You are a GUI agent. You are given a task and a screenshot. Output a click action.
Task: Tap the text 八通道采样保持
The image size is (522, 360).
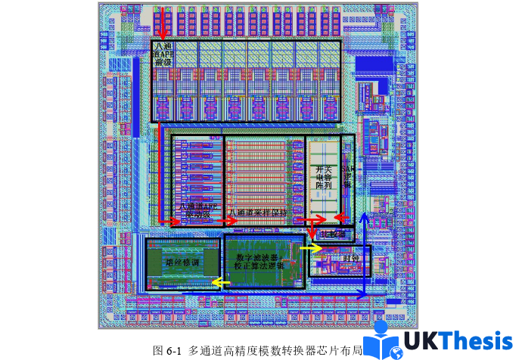point(259,213)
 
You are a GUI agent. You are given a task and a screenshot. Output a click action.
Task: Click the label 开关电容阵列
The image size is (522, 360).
point(324,177)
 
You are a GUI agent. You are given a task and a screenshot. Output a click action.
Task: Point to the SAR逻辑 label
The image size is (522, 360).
point(348,177)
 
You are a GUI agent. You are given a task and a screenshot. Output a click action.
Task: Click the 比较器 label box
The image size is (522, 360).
point(333,235)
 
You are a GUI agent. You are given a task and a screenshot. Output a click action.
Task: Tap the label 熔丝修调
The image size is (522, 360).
point(182,262)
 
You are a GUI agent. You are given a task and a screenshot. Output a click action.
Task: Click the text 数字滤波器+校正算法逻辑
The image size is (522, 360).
point(259,261)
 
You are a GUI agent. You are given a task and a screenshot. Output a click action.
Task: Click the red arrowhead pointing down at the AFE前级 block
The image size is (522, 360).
point(162,35)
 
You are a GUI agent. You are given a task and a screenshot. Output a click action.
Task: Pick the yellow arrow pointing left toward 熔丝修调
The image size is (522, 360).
point(220,283)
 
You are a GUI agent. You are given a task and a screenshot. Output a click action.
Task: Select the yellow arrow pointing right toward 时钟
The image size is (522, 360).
point(311,247)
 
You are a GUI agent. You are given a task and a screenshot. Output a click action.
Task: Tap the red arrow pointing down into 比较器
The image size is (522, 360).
point(311,234)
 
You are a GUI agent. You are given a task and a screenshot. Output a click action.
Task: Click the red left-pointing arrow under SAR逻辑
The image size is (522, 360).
point(341,219)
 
